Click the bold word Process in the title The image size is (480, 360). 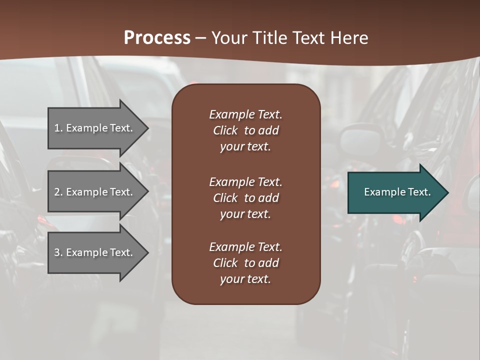157,38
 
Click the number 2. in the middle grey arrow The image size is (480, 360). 58,192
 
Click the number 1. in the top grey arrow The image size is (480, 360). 58,128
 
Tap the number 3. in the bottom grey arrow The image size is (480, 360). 58,252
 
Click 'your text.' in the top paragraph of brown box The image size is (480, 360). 245,146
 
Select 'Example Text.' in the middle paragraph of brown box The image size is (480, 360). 245,182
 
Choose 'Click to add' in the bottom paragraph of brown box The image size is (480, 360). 245,263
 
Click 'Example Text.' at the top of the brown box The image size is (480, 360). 245,114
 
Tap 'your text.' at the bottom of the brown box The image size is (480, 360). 245,279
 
